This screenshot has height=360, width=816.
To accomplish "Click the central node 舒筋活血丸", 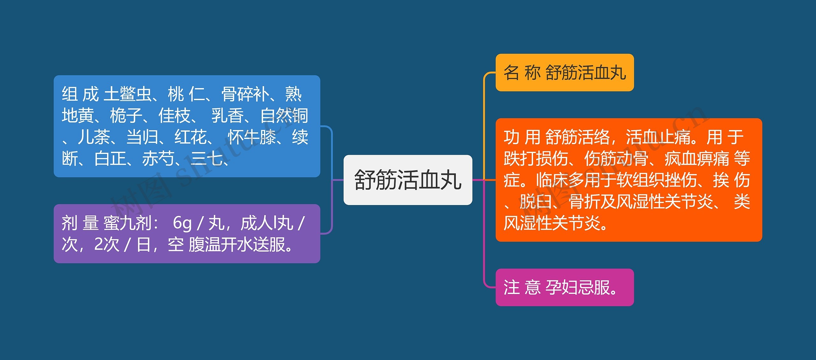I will [x=408, y=180].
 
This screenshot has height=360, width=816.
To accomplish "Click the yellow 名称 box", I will [x=564, y=73].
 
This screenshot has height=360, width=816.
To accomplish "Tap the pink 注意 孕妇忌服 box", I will [x=564, y=287].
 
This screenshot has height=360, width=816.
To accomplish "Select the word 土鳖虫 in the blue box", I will [x=127, y=94].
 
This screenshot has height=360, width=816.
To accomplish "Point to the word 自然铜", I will [x=284, y=115].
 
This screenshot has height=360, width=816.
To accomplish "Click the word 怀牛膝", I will [x=252, y=137].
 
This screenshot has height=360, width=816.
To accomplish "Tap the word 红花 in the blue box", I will [x=190, y=137].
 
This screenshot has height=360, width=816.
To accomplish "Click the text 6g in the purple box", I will [x=182, y=223].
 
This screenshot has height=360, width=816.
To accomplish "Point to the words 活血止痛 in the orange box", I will [x=658, y=137].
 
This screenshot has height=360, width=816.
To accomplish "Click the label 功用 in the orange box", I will [x=522, y=137].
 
